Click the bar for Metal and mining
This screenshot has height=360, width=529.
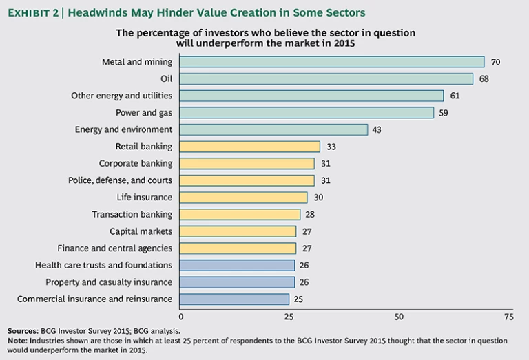pos(332,62)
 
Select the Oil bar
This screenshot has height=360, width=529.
pos(326,78)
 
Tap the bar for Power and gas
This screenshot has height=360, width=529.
pos(307,112)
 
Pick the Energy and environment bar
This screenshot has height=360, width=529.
pos(274,129)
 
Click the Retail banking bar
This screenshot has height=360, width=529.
pos(250,146)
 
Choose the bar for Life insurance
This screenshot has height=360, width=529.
pos(244,197)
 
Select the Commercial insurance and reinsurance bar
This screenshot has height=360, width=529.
pos(235,299)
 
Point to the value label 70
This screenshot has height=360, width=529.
pos(495,62)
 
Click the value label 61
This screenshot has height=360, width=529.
pos(455,96)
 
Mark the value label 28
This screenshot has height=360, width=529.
pos(311,214)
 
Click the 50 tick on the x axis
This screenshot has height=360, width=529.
pos(399,317)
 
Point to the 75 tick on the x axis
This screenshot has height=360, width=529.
pos(508,317)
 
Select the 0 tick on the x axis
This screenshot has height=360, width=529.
pos(181,317)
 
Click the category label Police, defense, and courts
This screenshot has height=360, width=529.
pos(120,180)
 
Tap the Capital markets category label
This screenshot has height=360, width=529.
pos(141,231)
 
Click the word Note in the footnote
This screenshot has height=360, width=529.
pos(18,341)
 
